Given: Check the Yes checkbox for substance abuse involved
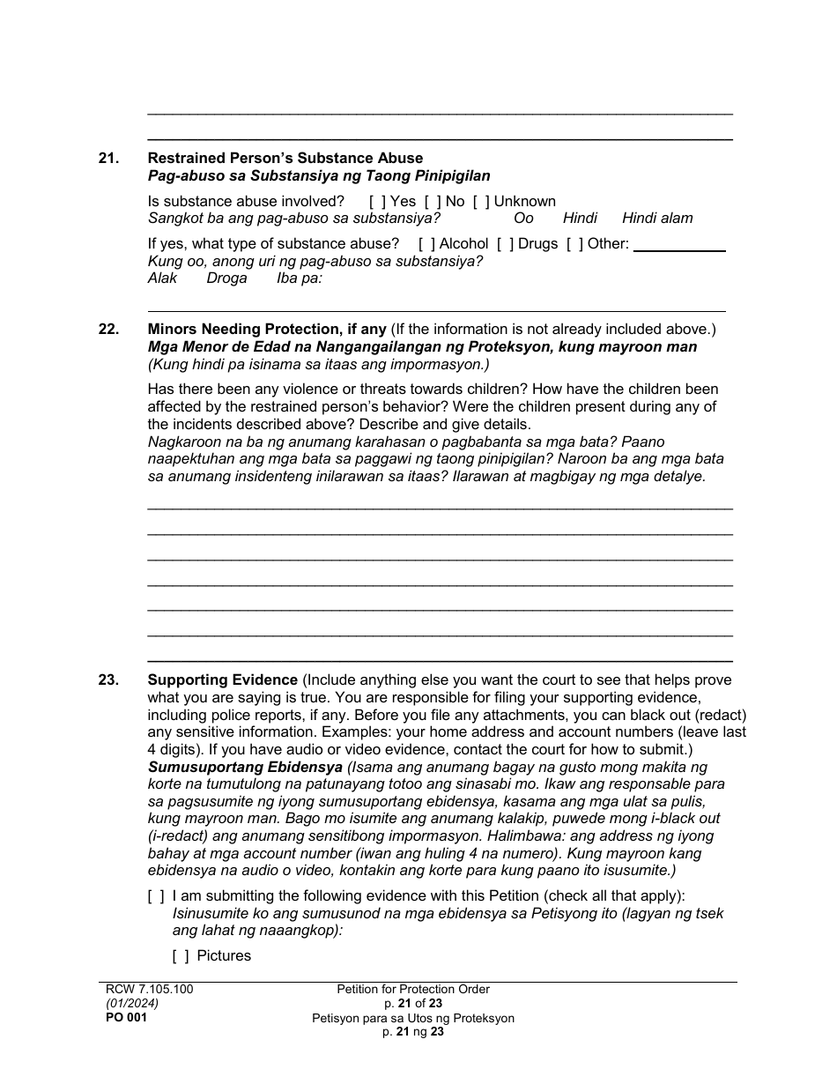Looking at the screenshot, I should coord(377,201).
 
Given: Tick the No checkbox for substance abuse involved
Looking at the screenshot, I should coord(433,201).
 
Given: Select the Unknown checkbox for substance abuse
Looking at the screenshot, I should coord(481,201).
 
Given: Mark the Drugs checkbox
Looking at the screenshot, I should coord(505,243).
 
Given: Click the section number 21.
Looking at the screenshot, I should coord(108,159).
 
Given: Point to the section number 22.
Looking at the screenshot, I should coord(108,329).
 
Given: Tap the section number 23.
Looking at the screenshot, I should coord(108,679).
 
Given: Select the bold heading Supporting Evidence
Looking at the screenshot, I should coord(223,679).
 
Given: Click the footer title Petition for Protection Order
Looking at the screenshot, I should coord(413,989).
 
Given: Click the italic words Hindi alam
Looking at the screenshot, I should coord(657,218).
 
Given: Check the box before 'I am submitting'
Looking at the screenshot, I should coord(156,895).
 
